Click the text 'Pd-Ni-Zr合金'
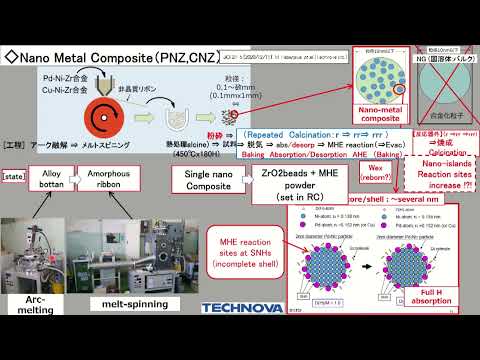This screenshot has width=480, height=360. [61, 75]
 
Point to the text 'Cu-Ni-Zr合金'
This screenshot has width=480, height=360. [61, 88]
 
